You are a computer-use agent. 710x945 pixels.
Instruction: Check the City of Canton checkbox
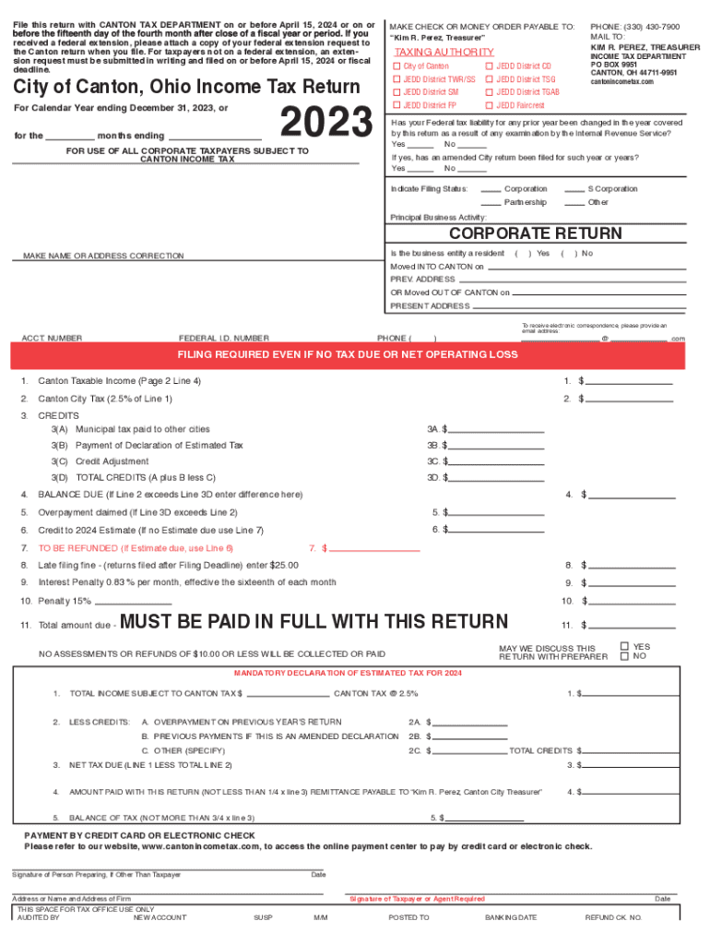(x=397, y=66)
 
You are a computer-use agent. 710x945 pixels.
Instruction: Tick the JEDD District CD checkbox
(x=489, y=66)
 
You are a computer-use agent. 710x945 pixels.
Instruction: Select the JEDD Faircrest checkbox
(x=489, y=105)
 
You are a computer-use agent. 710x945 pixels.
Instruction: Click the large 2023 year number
(x=325, y=125)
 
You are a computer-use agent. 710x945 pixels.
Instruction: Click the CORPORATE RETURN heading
(x=535, y=233)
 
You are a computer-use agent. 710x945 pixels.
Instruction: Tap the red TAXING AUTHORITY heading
(x=444, y=52)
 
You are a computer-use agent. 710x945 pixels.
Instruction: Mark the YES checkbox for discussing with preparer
(x=625, y=647)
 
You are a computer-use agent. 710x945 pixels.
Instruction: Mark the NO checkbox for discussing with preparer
(x=625, y=657)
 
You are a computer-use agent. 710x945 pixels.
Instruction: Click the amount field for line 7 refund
(x=374, y=548)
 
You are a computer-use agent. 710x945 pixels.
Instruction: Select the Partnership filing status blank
(x=491, y=202)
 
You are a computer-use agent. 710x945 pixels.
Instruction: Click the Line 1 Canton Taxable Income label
(x=119, y=381)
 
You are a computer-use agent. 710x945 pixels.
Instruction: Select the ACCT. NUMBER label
(x=52, y=339)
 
